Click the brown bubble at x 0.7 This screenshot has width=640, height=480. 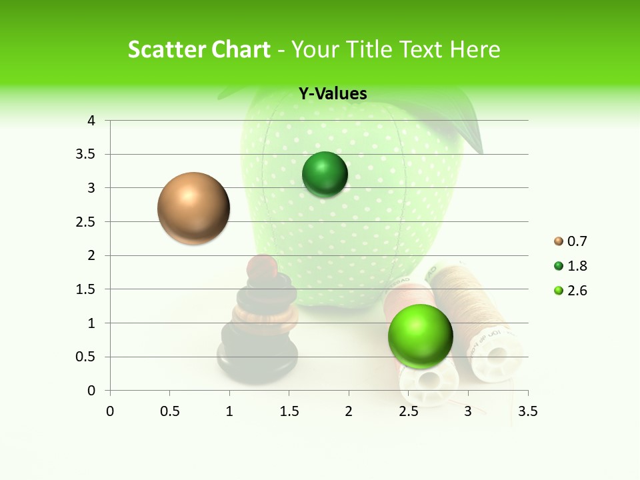(x=194, y=208)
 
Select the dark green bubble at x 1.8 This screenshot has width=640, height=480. (x=325, y=175)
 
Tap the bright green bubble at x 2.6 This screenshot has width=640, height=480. (x=420, y=335)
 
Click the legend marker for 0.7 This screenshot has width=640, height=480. (x=558, y=241)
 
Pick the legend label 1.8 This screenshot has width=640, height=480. (x=577, y=266)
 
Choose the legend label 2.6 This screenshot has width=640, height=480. (x=577, y=291)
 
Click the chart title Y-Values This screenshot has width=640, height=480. (x=332, y=94)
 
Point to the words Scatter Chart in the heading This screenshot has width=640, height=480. (x=199, y=49)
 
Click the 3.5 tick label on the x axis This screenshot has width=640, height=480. (x=527, y=411)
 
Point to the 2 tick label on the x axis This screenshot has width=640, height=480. (x=349, y=411)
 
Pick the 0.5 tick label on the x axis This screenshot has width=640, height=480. (x=169, y=411)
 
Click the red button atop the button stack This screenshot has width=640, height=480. (x=262, y=267)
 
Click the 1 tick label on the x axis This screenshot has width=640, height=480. (x=229, y=411)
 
